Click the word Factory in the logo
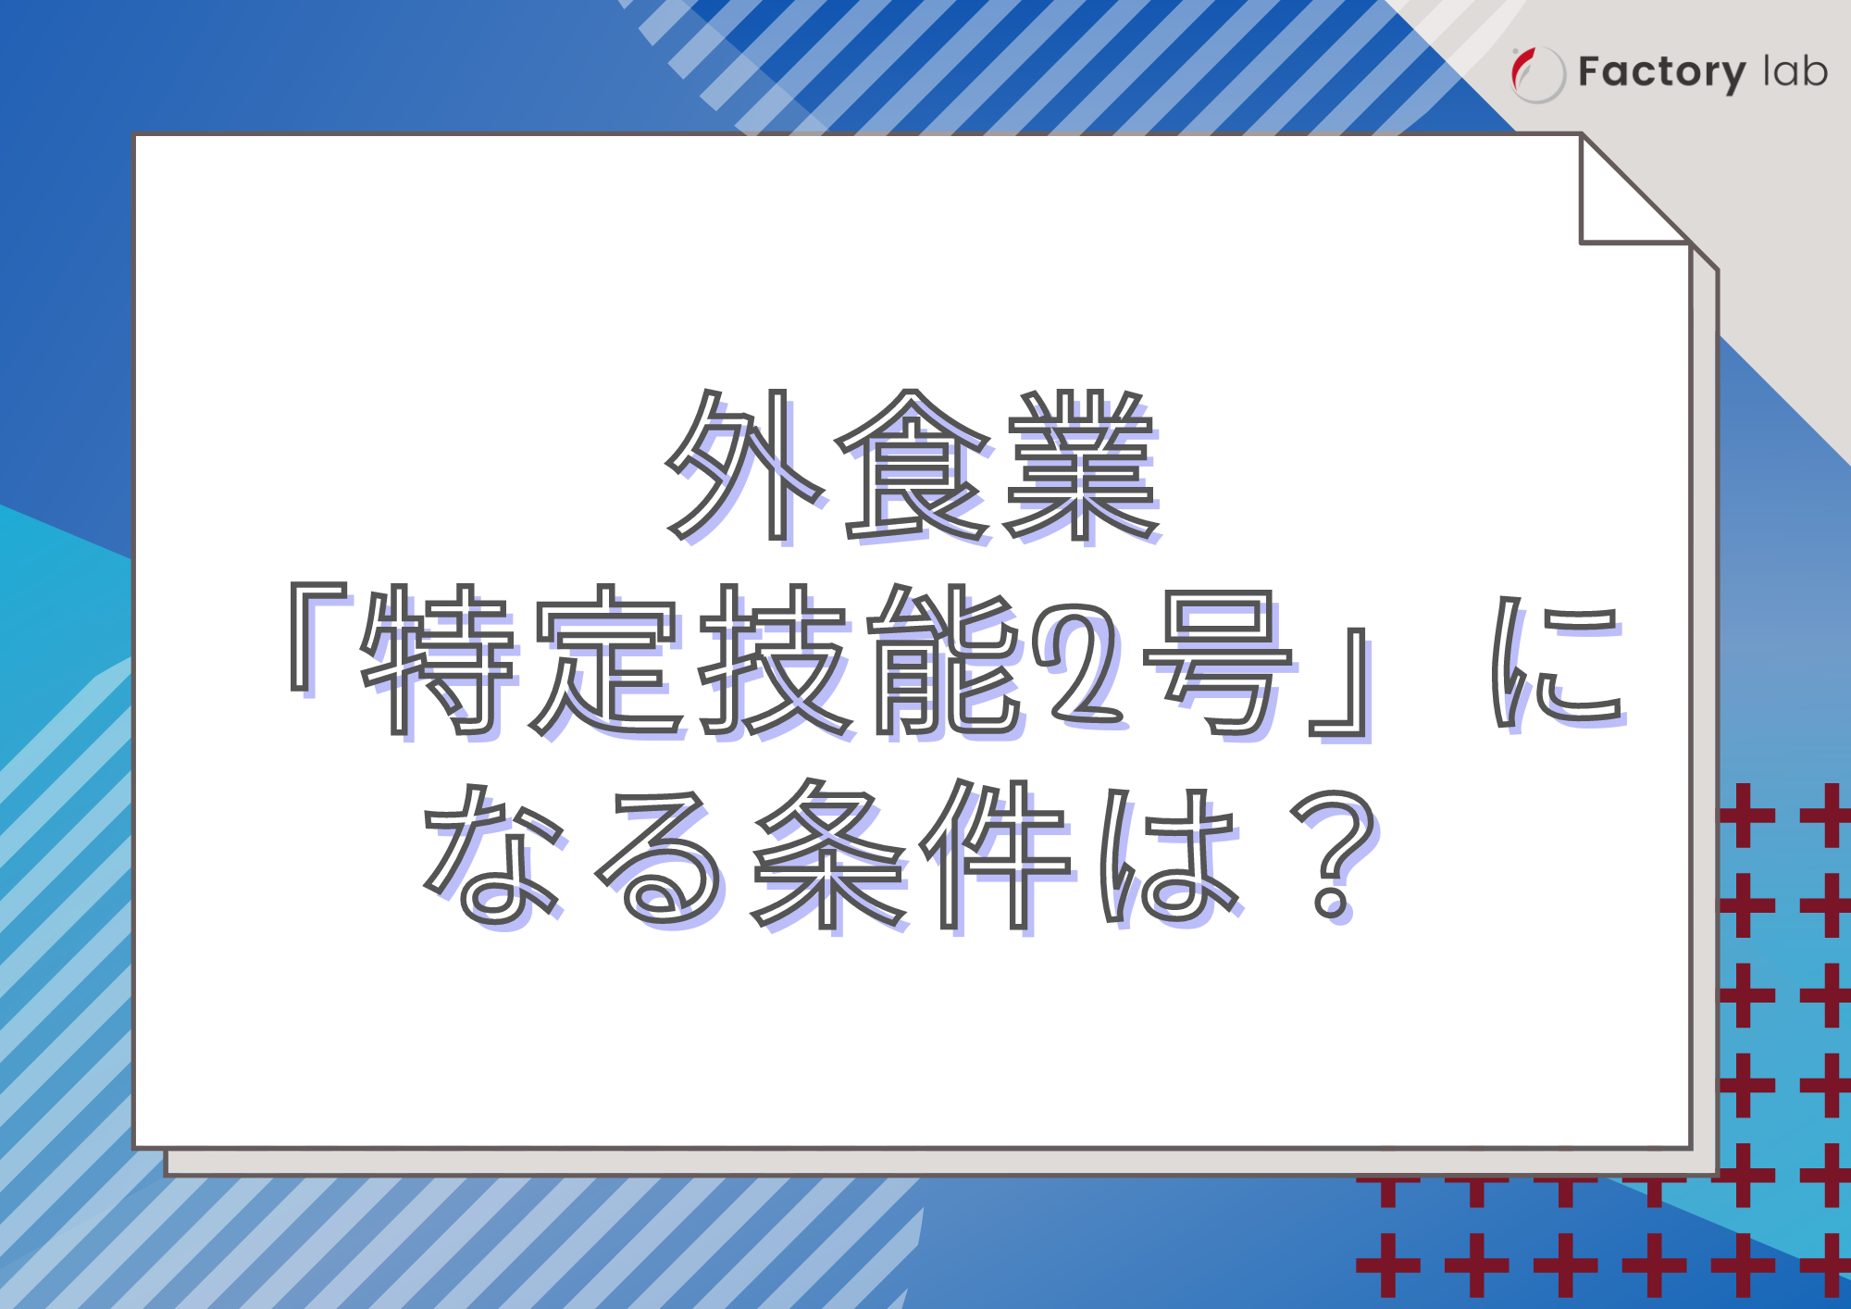[x=1661, y=72]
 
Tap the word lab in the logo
[x=1795, y=71]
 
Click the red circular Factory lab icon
[x=1536, y=74]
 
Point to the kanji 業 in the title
[x=1083, y=465]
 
